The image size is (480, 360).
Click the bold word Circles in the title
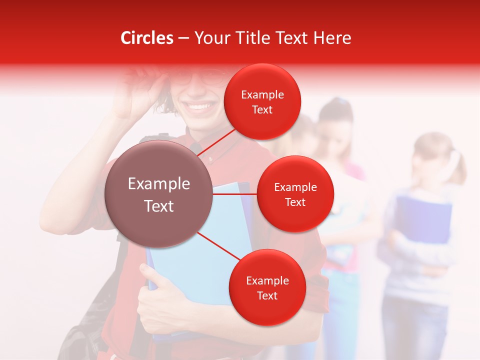click(146, 38)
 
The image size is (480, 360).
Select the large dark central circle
click(158, 194)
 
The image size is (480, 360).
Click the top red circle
click(262, 101)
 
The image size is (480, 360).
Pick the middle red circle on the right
click(295, 194)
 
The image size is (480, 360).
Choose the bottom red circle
click(267, 287)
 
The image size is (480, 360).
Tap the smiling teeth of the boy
click(198, 106)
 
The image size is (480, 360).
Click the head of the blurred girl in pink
click(336, 120)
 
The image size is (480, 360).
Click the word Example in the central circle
click(158, 184)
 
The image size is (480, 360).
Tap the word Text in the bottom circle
click(267, 295)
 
